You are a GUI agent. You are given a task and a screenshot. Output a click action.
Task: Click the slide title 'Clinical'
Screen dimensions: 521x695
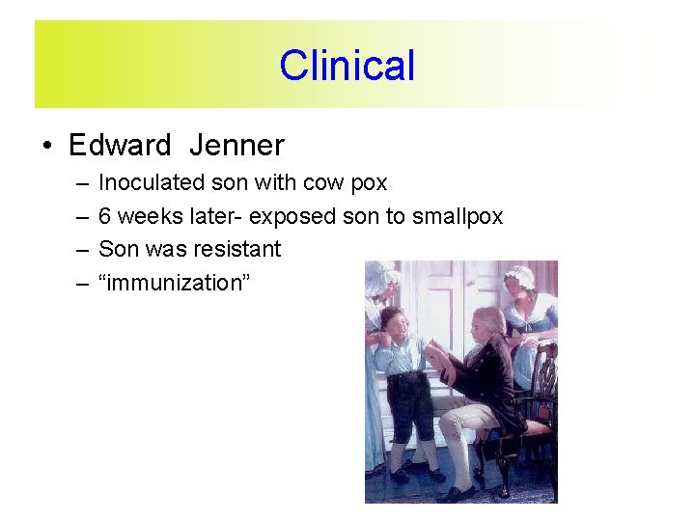[347, 66]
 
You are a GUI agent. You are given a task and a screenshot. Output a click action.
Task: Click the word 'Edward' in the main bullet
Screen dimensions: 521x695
[120, 146]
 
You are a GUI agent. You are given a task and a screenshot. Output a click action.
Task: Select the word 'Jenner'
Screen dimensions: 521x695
[236, 146]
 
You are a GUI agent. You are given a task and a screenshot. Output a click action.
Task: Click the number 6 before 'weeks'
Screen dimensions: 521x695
[105, 216]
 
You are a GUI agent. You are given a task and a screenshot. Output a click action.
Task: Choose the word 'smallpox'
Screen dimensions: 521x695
[458, 216]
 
